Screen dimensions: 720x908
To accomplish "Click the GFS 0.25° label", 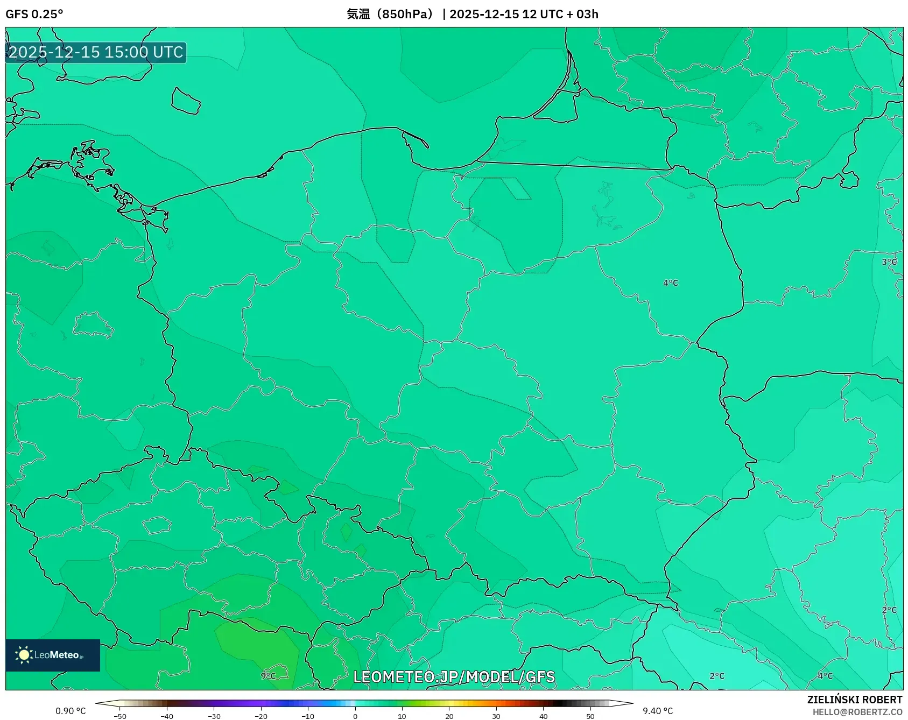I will click(34, 14).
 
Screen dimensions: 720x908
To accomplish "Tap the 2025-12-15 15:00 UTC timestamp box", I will click(96, 53).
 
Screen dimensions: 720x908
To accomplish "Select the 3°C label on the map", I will click(889, 263).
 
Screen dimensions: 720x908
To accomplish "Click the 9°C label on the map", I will click(268, 676).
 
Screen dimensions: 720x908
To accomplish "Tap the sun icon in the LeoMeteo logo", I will click(24, 655).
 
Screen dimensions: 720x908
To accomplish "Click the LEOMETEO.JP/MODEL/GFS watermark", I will click(454, 677).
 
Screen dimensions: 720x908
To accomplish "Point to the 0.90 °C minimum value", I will click(71, 711).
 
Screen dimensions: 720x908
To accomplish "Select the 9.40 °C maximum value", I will click(658, 711).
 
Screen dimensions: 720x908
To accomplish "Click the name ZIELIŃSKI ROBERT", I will click(854, 700).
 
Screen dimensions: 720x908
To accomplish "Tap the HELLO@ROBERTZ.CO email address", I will click(857, 712).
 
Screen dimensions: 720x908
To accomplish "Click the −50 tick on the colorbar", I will click(120, 716).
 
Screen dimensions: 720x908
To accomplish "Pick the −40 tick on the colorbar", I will click(167, 716).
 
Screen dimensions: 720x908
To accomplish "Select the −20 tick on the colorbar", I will click(261, 716).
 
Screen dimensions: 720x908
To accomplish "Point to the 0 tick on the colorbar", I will click(355, 716).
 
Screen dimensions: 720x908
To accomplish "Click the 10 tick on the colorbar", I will click(402, 716).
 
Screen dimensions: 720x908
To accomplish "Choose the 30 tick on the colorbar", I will click(496, 716).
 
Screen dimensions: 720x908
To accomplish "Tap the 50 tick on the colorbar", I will click(590, 716).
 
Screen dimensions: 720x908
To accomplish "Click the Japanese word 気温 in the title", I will click(358, 14).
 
